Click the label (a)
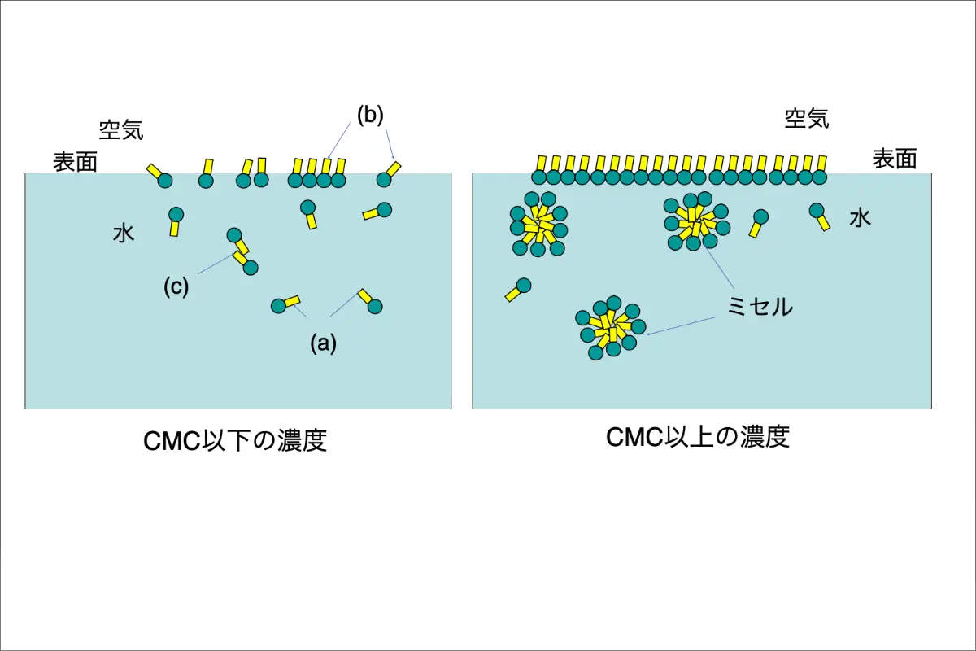coord(323,343)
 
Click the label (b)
coord(369,115)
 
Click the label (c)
coord(176,286)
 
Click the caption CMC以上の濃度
coord(698,437)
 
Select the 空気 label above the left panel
coord(121,129)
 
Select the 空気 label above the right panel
coord(807,120)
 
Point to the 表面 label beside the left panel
coord(76,162)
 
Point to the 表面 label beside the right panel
coord(895,159)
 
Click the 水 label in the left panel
coord(123,234)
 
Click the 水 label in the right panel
coord(861,217)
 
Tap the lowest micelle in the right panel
coord(608,330)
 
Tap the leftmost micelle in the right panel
coord(538,225)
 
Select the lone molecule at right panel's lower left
coord(518,290)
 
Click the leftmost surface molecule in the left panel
coord(159,176)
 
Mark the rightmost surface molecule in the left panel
coord(388,175)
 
